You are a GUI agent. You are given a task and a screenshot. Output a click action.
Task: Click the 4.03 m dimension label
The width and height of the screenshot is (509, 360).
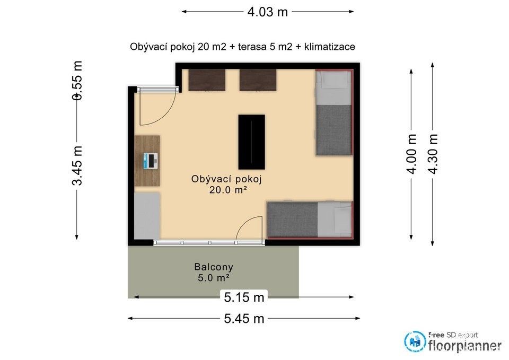(268, 11)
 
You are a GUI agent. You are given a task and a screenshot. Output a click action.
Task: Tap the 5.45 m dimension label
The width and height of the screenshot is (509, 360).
(244, 318)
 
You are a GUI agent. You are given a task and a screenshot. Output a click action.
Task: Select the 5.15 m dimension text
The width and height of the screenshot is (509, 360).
(244, 297)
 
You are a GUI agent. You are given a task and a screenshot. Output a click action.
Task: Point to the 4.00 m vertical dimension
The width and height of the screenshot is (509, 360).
(412, 154)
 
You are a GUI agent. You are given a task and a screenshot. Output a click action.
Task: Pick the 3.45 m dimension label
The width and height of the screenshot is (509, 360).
(77, 165)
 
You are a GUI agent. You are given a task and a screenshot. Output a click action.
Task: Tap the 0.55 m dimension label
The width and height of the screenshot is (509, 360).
(77, 81)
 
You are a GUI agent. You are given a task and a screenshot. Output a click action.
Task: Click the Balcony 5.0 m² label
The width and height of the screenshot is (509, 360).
(214, 272)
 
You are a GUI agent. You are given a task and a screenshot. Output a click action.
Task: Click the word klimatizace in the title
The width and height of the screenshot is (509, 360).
(329, 47)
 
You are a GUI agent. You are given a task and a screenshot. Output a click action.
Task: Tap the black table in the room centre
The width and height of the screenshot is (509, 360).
(251, 141)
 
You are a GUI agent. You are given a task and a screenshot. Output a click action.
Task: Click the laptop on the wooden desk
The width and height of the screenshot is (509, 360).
(151, 160)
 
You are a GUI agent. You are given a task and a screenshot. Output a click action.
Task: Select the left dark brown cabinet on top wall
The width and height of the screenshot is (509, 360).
(207, 80)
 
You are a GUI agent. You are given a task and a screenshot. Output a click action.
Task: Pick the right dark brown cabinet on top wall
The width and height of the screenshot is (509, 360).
(258, 80)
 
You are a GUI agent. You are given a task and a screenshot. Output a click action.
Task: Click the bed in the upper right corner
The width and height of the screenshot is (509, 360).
(334, 112)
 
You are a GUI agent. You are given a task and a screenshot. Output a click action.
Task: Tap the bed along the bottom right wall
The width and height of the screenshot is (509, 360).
(310, 219)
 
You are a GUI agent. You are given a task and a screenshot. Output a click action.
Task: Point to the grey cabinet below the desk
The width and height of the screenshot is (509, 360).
(147, 215)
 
